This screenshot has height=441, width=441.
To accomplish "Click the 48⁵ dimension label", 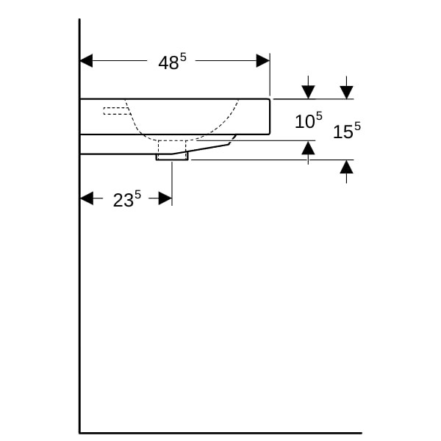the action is [172, 62].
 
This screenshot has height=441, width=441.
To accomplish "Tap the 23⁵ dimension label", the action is [127, 199].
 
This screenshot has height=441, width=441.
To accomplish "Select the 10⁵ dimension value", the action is [308, 120].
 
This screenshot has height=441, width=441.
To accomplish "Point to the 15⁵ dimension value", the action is [346, 130].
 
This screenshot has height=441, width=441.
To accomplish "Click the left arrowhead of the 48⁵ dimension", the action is [86, 61].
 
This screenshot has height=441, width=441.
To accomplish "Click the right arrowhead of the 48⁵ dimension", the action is [263, 61].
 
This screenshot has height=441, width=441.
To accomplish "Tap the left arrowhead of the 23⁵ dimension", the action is [87, 198].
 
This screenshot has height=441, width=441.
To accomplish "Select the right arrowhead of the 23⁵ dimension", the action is [165, 198].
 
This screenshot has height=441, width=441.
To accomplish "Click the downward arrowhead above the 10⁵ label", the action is [308, 93].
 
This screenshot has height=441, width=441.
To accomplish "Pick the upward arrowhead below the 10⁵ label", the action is [308, 148].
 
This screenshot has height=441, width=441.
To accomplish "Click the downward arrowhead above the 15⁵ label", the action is [346, 93].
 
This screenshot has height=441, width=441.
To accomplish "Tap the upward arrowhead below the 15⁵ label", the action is [346, 167].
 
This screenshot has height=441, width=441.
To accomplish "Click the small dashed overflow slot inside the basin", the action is [117, 111].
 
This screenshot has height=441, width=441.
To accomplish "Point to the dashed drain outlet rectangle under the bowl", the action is [172, 149].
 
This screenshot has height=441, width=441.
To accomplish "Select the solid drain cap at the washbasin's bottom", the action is [172, 157].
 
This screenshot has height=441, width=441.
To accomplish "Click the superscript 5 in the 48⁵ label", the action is [183, 57].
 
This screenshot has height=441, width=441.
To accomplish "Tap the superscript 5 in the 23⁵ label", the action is [137, 195].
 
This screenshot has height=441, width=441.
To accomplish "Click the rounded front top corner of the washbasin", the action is [269, 99].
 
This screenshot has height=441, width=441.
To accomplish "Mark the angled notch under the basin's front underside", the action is [232, 140].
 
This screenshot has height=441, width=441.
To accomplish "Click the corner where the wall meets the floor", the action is [80, 433].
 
